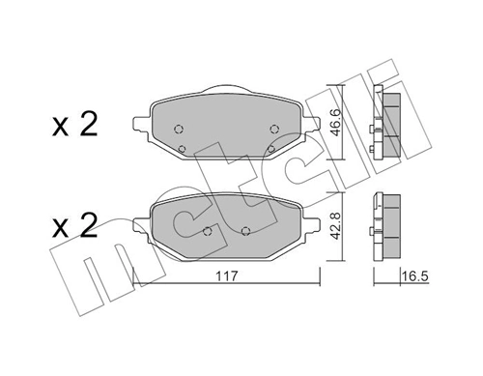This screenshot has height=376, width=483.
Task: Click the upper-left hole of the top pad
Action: click(x=179, y=130)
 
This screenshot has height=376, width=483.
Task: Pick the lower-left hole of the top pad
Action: click(x=184, y=147)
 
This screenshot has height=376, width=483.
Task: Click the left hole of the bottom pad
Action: click(x=210, y=230)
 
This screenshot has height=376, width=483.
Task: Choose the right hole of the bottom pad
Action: click(x=246, y=230)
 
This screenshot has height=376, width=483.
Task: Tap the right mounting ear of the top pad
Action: click(x=313, y=120)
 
